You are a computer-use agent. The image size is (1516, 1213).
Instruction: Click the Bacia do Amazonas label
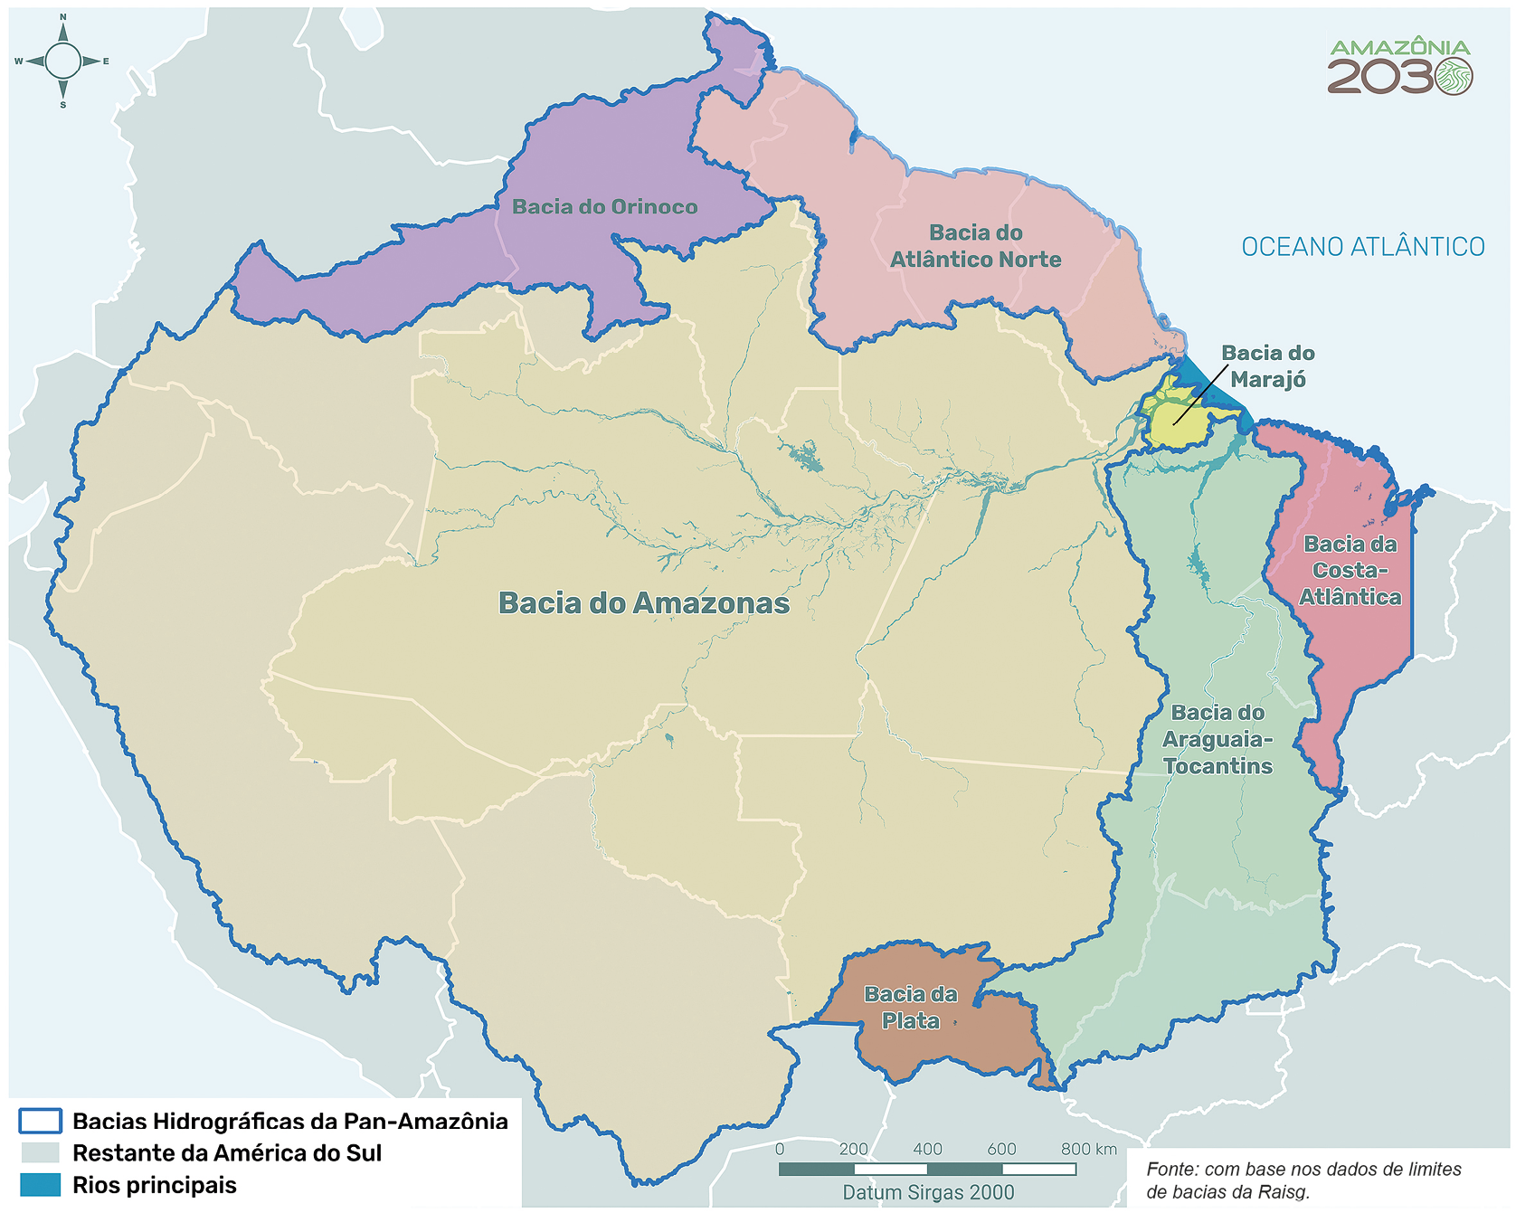coord(643,603)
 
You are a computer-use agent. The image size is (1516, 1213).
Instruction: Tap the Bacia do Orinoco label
coord(604,207)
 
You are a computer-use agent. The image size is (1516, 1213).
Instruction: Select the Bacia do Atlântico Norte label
coord(975,246)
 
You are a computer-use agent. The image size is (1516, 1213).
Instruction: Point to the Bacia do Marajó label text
coord(1267,366)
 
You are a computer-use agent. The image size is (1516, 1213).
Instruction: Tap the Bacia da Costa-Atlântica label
coord(1350,571)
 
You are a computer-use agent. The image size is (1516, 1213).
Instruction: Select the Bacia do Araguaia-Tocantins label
coord(1218,740)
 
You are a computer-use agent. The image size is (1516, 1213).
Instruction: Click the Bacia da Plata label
coord(911,1008)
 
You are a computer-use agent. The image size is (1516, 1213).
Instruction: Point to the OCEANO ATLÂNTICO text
coord(1362,247)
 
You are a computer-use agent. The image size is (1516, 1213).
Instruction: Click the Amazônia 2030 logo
coord(1399,66)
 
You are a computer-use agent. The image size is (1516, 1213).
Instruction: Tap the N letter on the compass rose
coord(63,17)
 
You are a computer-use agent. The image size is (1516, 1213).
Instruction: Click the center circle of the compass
coord(63,62)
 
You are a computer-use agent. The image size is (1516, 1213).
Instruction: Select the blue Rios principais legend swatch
coord(40,1185)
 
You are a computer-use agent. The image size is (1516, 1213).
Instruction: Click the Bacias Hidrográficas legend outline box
coord(40,1122)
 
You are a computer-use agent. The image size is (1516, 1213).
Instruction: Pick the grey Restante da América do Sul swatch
coord(40,1153)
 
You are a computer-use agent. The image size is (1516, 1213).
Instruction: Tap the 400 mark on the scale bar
coord(928,1150)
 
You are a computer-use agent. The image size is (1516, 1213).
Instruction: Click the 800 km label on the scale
coord(1088,1150)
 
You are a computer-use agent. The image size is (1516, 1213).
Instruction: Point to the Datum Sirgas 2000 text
coord(928,1192)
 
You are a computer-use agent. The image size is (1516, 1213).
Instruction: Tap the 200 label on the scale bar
coord(853,1150)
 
